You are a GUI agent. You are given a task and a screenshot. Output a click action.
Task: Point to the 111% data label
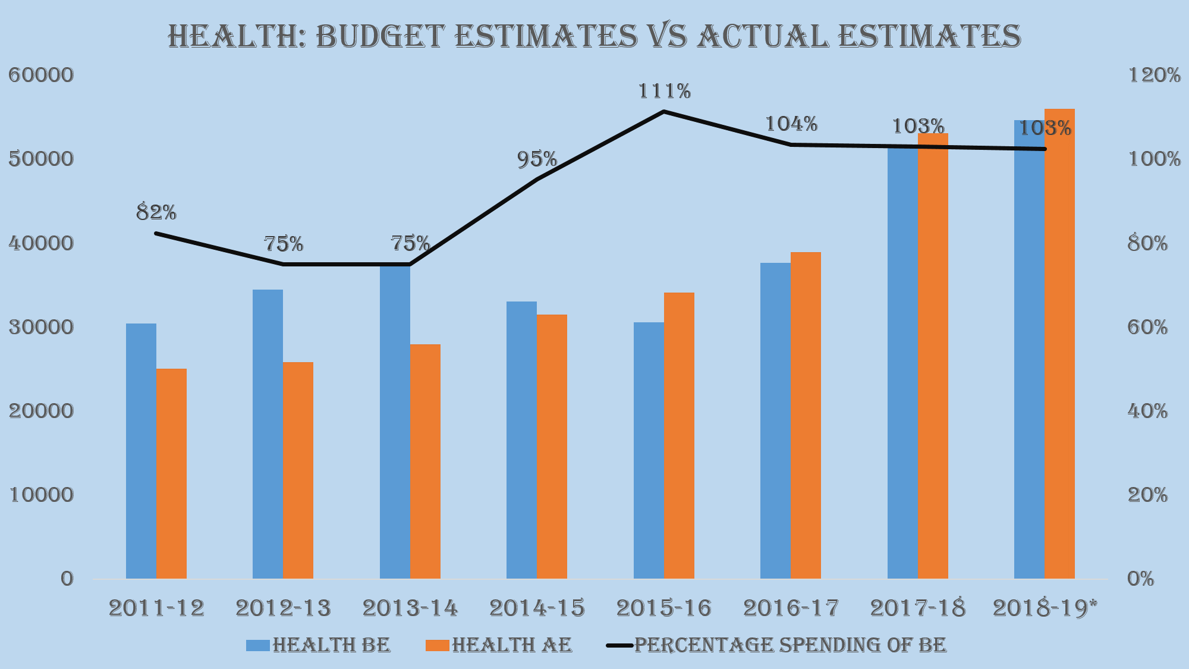click(664, 92)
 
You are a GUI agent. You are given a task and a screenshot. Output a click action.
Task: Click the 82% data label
click(156, 212)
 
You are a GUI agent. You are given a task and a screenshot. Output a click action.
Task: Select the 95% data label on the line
click(537, 159)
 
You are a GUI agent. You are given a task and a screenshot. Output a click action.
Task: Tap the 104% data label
click(791, 124)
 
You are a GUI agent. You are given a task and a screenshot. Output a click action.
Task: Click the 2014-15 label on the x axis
click(537, 608)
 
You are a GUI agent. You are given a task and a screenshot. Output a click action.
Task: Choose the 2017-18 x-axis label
click(918, 608)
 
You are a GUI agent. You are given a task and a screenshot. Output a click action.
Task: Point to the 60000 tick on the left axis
click(41, 76)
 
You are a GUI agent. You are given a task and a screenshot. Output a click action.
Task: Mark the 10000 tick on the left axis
click(41, 495)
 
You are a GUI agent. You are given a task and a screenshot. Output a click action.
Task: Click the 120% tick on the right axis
click(1154, 76)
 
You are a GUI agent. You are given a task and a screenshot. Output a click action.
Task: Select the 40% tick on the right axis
click(1148, 411)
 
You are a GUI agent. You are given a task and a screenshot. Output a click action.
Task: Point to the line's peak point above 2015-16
click(664, 111)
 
